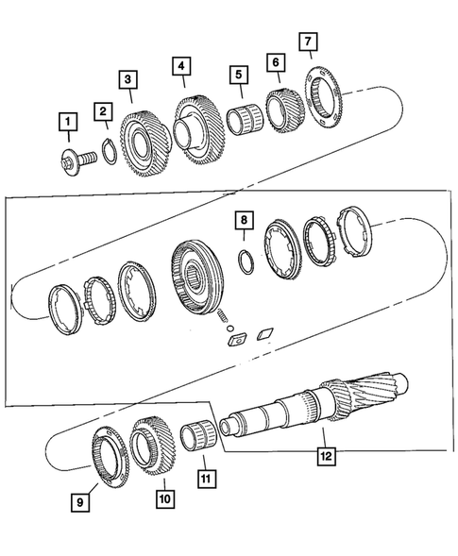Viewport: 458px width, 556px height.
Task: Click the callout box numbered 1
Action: (66, 122)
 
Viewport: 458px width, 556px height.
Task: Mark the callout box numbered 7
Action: (310, 42)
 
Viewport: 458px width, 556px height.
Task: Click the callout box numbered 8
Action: (243, 221)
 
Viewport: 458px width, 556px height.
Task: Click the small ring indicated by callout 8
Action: (244, 263)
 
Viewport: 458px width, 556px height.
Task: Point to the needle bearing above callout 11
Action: (202, 442)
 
